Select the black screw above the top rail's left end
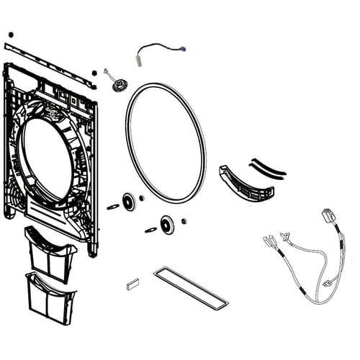[x=11, y=35]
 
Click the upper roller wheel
[x=130, y=202]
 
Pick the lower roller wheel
[x=168, y=225]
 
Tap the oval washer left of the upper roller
[x=113, y=207]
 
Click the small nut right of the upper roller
[x=143, y=198]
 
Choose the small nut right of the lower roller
[x=184, y=221]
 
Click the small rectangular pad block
[x=132, y=283]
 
